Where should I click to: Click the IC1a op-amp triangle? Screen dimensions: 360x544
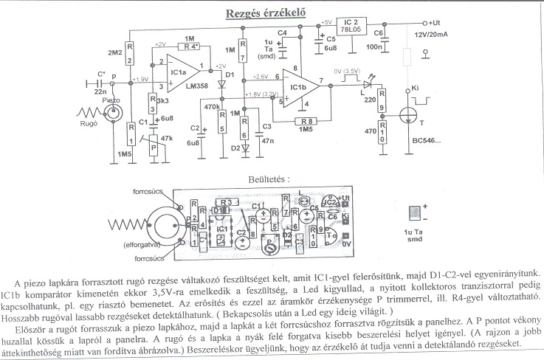point(180,72)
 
